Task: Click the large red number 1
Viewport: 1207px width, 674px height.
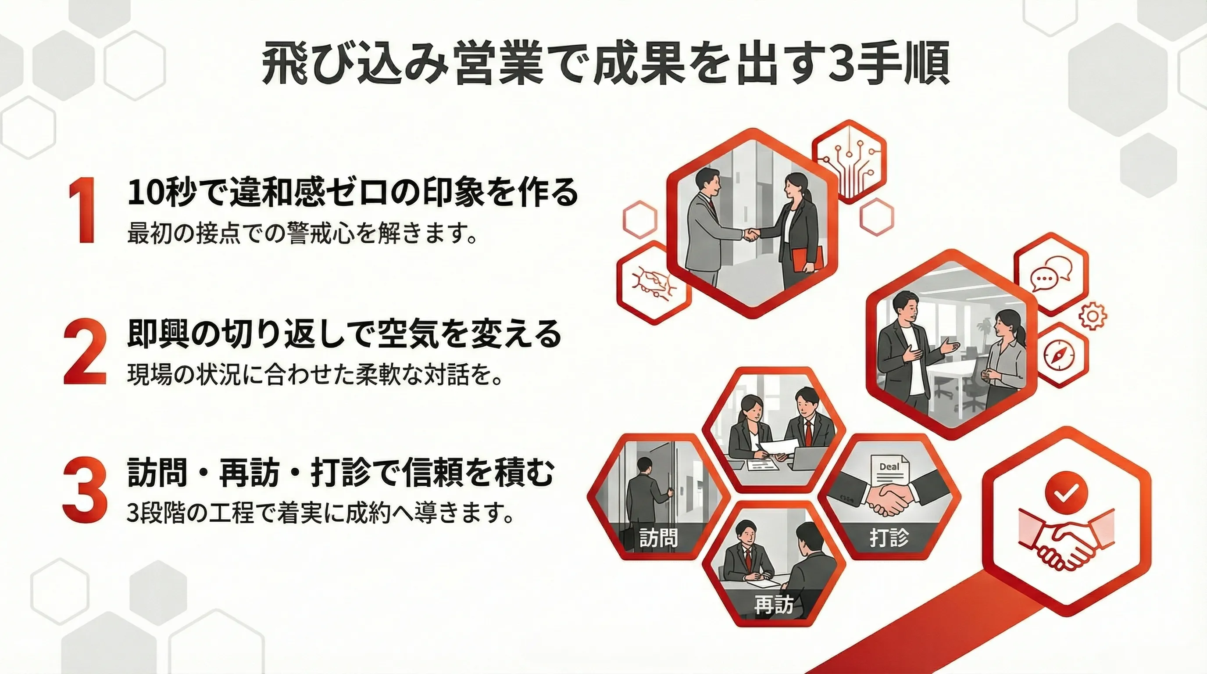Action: click(83, 211)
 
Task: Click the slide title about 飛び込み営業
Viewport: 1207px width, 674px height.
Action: click(604, 65)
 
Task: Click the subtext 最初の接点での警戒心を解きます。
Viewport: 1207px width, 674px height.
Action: click(303, 233)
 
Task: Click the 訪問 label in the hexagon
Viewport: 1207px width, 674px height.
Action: click(658, 538)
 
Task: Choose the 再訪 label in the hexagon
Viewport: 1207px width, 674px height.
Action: click(774, 605)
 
